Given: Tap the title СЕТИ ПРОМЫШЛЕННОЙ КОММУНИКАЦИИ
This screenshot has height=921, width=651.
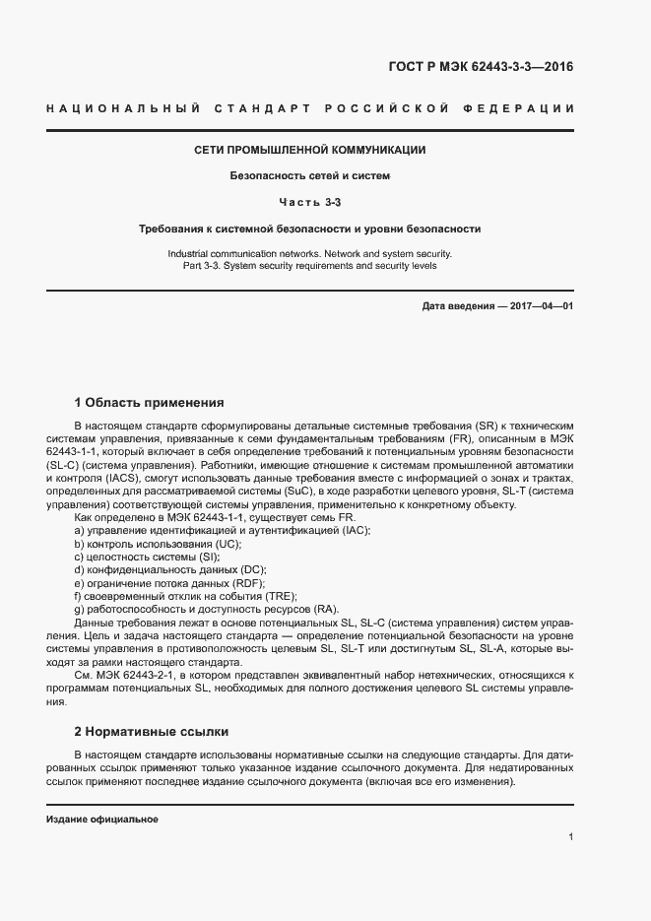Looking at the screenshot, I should click(310, 151).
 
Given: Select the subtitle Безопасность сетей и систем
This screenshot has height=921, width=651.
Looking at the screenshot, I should click(310, 176).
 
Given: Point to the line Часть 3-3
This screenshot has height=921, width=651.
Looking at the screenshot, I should click(310, 202).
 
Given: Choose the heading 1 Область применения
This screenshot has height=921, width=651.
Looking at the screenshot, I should click(150, 402).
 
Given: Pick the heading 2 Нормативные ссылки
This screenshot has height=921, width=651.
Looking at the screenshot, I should click(152, 732).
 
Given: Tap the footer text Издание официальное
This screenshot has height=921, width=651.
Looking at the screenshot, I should click(102, 820).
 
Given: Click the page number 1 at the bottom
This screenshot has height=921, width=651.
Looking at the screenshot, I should click(570, 836).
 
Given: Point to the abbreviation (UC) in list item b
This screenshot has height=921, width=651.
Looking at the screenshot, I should click(226, 544).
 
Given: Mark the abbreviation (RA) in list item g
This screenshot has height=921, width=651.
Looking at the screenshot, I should click(322, 609).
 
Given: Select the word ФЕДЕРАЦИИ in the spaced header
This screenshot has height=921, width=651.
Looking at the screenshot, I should click(523, 106).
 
